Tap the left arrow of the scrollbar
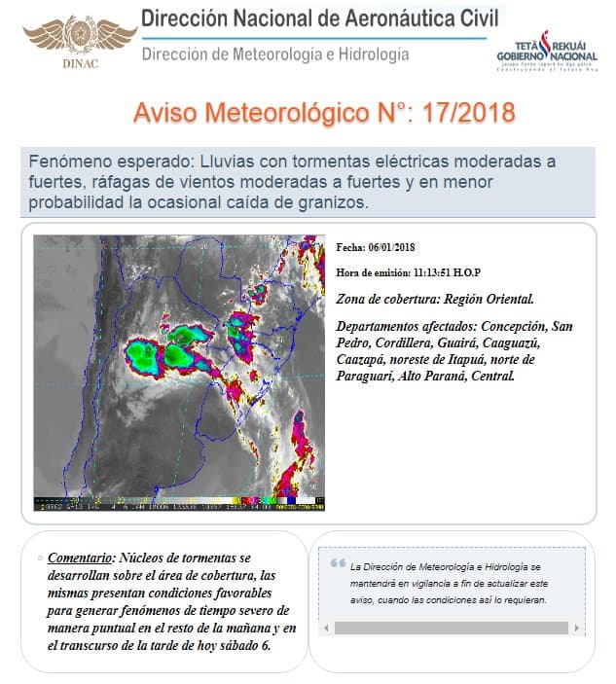(x=328, y=629)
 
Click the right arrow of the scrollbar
(x=577, y=629)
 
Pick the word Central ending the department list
(x=490, y=374)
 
